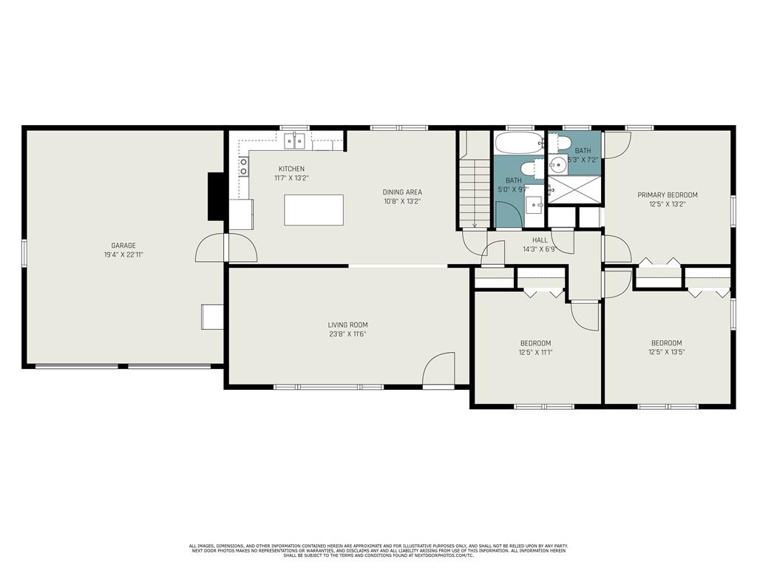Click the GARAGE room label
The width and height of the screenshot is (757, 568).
pyautogui.click(x=123, y=246)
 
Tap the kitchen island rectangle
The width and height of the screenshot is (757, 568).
pyautogui.click(x=313, y=210)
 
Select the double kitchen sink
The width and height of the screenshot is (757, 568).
pyautogui.click(x=295, y=141)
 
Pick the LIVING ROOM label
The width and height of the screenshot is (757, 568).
pyautogui.click(x=347, y=325)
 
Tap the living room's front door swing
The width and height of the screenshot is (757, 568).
pyautogui.click(x=439, y=369)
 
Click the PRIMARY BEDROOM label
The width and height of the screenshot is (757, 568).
pyautogui.click(x=668, y=195)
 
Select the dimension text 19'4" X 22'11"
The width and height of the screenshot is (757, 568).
pyautogui.click(x=123, y=254)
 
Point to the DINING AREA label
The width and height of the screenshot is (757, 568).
pyautogui.click(x=402, y=192)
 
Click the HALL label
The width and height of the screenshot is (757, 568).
pyautogui.click(x=540, y=240)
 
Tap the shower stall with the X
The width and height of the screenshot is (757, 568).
pyautogui.click(x=574, y=190)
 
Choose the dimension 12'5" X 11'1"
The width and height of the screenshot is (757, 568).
pyautogui.click(x=535, y=353)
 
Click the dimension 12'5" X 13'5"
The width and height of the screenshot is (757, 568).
pyautogui.click(x=667, y=352)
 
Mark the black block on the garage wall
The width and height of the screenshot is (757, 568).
pyautogui.click(x=215, y=196)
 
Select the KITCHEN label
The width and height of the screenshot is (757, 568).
pyautogui.click(x=291, y=169)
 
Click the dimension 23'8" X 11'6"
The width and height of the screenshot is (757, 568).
pyautogui.click(x=347, y=334)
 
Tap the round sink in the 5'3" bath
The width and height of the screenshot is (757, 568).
pyautogui.click(x=559, y=165)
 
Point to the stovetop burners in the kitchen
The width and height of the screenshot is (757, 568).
pyautogui.click(x=243, y=166)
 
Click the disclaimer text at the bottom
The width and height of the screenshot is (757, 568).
pyautogui.click(x=378, y=550)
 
